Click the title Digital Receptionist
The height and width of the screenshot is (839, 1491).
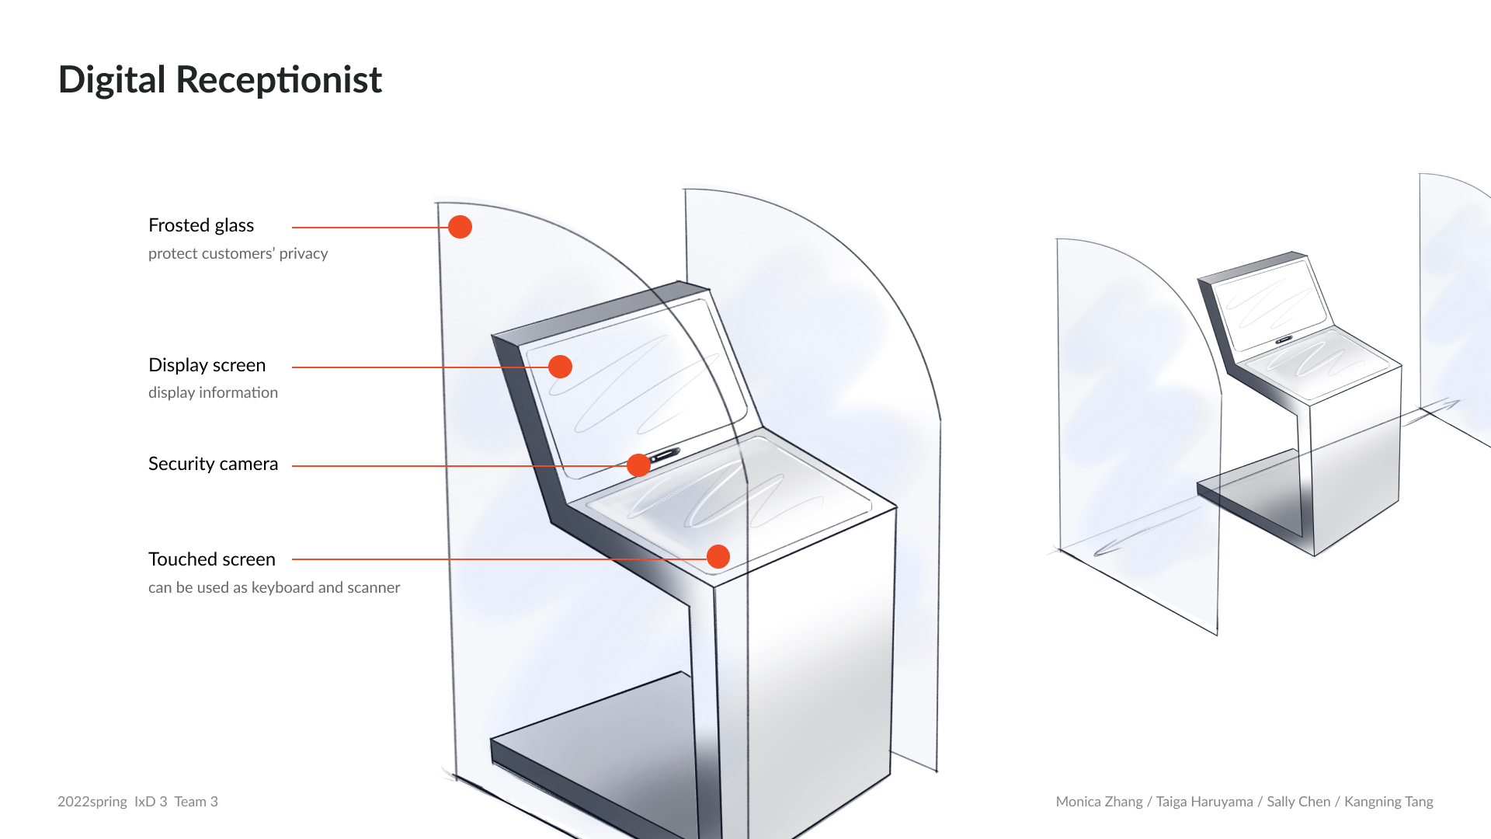[220, 80]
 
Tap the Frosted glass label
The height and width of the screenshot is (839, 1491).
[201, 225]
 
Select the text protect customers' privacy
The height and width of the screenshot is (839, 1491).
[238, 253]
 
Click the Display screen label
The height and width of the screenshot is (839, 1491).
[207, 365]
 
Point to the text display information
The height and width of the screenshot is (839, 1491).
[213, 392]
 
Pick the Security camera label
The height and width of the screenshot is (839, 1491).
[213, 464]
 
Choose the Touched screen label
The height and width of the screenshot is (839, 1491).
[211, 559]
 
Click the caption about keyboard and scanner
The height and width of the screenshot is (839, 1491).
[274, 587]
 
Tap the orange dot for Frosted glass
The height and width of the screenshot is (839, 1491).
[460, 227]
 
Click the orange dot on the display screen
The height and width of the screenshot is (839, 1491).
[560, 367]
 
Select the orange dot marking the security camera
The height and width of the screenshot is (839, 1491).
[638, 465]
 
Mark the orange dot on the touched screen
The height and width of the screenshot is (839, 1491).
[718, 556]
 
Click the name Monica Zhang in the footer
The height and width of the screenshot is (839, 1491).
[1099, 802]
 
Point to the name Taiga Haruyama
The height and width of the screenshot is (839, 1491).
[1204, 802]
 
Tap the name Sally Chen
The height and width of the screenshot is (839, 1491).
[1298, 802]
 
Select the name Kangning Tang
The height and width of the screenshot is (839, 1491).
[1388, 802]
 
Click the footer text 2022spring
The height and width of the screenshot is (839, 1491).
[92, 802]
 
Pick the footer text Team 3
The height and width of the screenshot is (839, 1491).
[196, 802]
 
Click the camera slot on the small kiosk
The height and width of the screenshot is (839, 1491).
[1284, 339]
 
